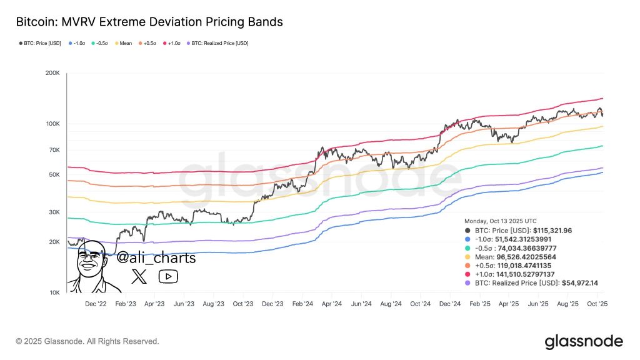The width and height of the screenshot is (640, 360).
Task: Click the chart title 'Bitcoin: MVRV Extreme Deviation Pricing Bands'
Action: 149,22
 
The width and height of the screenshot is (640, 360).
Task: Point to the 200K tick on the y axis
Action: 52,74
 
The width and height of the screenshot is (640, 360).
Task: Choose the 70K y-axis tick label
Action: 53,150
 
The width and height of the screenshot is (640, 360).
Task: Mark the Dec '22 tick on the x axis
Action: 96,304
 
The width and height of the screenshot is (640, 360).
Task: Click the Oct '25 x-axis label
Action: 598,304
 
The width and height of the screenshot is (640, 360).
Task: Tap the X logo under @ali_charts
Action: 139,276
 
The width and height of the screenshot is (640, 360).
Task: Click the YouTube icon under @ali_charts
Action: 168,276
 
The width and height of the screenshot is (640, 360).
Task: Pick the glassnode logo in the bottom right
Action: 584,341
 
